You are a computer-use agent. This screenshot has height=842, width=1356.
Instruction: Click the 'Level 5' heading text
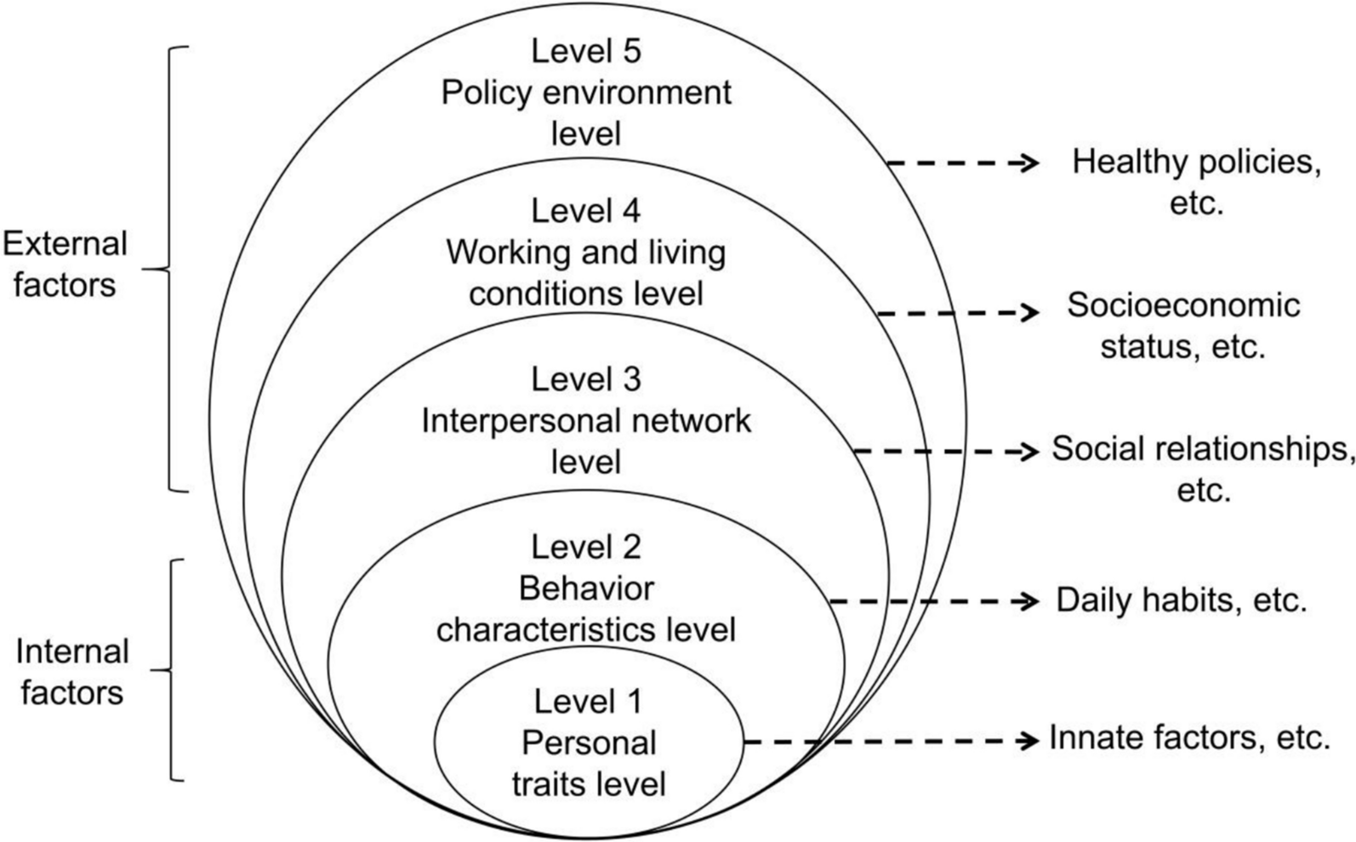[585, 51]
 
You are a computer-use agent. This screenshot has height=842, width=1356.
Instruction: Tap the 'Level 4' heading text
[585, 211]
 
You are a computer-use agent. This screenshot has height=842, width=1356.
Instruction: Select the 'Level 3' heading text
[585, 379]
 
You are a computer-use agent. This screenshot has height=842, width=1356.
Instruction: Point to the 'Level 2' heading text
[585, 547]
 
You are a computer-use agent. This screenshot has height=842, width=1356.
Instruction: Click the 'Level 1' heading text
[588, 702]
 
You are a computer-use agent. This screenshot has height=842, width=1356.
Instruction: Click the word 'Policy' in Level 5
[483, 93]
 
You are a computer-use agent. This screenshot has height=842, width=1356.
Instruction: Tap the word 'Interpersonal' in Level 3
[525, 421]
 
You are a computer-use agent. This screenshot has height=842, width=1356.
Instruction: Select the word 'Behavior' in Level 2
[586, 589]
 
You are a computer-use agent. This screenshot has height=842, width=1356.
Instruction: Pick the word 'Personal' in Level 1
[589, 742]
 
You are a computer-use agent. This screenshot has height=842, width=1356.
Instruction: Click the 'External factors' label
[65, 265]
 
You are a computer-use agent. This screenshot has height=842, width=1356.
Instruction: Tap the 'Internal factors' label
[72, 672]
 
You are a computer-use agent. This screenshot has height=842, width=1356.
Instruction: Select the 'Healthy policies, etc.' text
[1196, 181]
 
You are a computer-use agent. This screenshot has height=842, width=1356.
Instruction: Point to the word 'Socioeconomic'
[1183, 304]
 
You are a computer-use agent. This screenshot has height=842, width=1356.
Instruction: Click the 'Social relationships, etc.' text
[1202, 468]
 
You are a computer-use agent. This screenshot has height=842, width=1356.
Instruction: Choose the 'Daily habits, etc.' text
[1181, 600]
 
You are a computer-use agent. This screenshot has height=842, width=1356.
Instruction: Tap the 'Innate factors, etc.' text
[1188, 737]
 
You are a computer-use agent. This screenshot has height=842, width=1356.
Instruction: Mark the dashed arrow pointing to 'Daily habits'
[933, 601]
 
